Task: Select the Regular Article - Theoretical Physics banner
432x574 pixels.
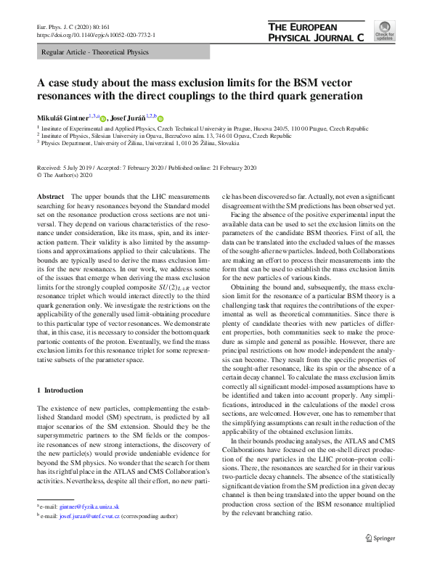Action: pos(94,52)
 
